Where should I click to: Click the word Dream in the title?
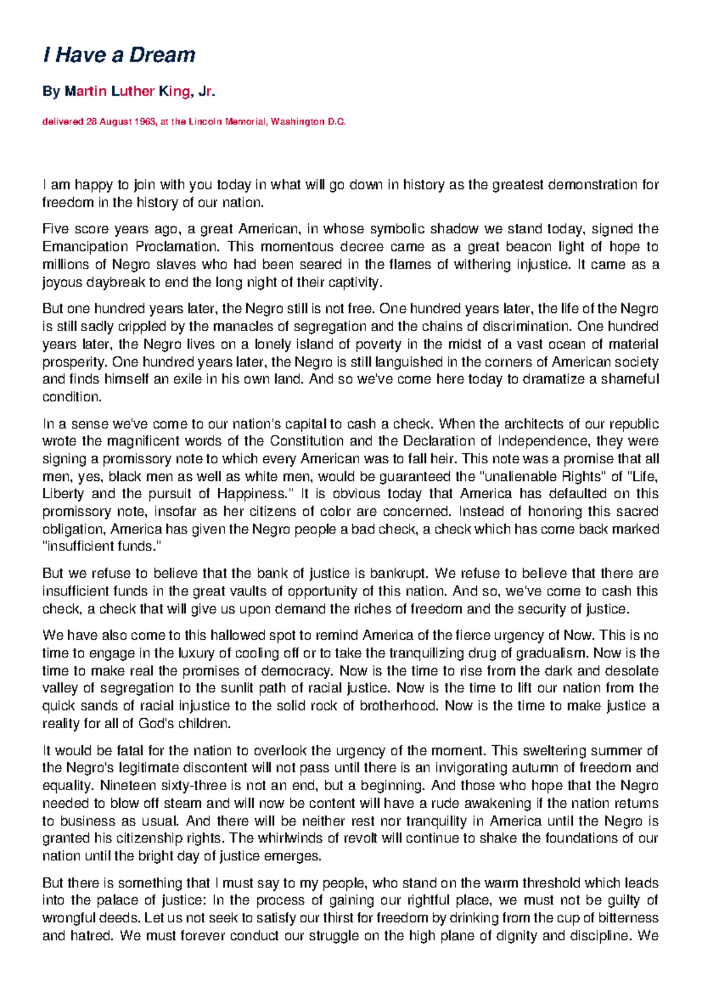[x=162, y=55]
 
